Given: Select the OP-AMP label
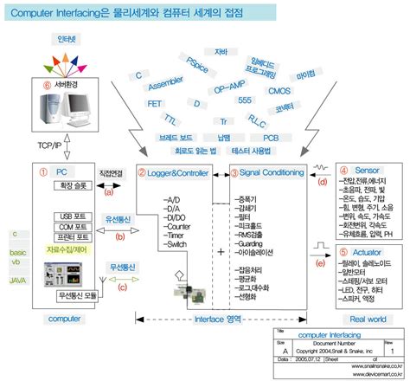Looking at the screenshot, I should [231, 88].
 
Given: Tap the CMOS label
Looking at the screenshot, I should [279, 90].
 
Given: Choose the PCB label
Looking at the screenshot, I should [271, 137].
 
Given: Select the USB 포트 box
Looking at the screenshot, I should [73, 216].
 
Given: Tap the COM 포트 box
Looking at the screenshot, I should [73, 227].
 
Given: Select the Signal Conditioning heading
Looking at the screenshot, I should [273, 174].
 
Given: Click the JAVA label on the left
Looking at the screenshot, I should [17, 281].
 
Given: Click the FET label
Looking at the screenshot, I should [155, 103].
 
